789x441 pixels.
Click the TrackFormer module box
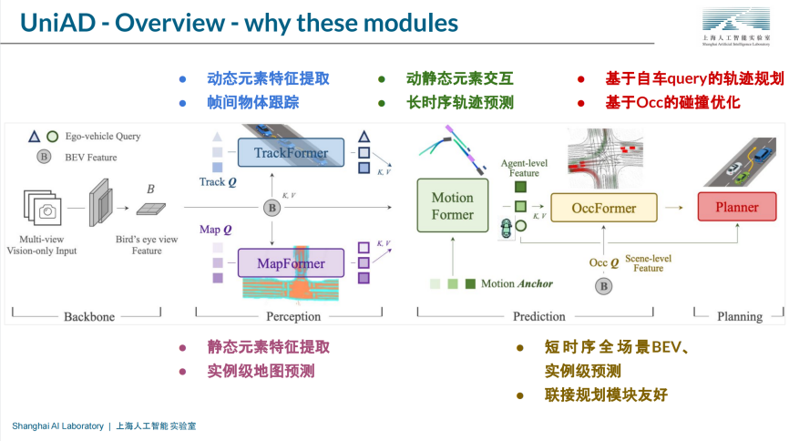pyautogui.click(x=290, y=152)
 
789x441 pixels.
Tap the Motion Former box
pyautogui.click(x=452, y=207)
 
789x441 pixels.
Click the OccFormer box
pyautogui.click(x=603, y=208)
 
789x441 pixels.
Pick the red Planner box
pyautogui.click(x=736, y=207)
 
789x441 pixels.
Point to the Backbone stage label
pyautogui.click(x=89, y=317)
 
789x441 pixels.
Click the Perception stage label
pyautogui.click(x=293, y=317)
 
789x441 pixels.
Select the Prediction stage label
pyautogui.click(x=538, y=317)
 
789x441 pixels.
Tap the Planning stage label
pyautogui.click(x=739, y=317)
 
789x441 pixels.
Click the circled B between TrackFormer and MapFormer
pyautogui.click(x=271, y=209)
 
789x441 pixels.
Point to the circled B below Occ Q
pyautogui.click(x=603, y=286)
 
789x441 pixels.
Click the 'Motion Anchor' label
pyautogui.click(x=517, y=283)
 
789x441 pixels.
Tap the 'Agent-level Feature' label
pyautogui.click(x=524, y=167)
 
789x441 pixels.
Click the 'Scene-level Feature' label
pyautogui.click(x=648, y=263)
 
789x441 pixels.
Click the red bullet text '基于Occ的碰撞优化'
pyautogui.click(x=672, y=102)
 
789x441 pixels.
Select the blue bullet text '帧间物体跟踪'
pyautogui.click(x=252, y=102)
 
